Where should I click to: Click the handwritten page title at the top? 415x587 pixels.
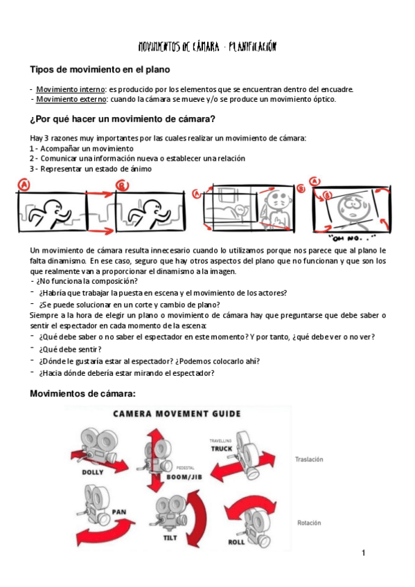[207, 47]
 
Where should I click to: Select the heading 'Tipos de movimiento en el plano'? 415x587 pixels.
[100, 70]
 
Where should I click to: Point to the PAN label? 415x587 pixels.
[117, 514]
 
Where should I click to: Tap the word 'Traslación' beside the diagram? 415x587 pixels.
[310, 459]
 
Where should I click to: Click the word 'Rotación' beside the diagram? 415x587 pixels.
[308, 523]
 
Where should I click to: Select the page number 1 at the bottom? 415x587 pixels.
[362, 553]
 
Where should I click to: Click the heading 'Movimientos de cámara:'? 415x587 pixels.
[82, 394]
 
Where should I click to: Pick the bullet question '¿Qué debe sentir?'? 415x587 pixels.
[70, 349]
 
